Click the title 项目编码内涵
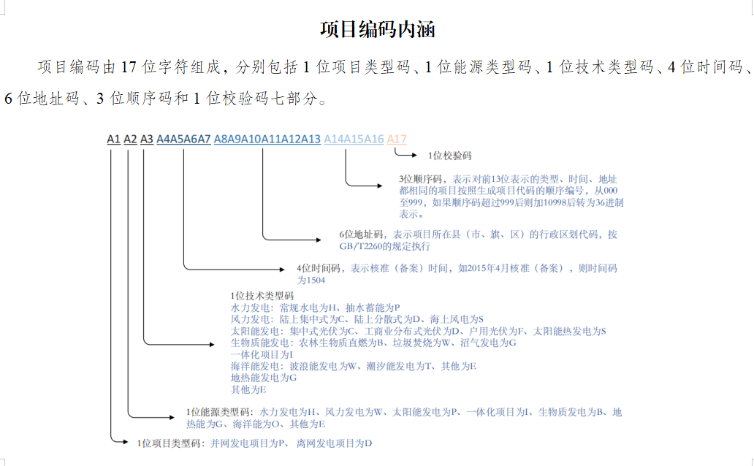(378, 29)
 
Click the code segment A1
(113, 140)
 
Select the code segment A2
(130, 140)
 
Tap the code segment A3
(147, 140)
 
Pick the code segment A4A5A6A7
(183, 140)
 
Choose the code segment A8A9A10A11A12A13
(267, 140)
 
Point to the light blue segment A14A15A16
(354, 140)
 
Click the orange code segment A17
(397, 140)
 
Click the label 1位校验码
(449, 156)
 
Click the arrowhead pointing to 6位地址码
(319, 240)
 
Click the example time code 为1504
(311, 280)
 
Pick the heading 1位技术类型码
(262, 297)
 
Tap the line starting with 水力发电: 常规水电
(316, 308)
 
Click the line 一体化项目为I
(262, 355)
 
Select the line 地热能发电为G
(264, 378)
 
